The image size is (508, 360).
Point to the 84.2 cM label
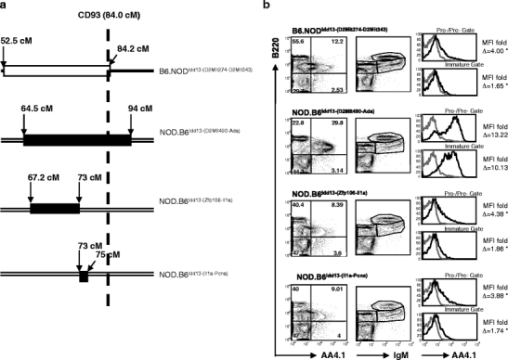[136, 42]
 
